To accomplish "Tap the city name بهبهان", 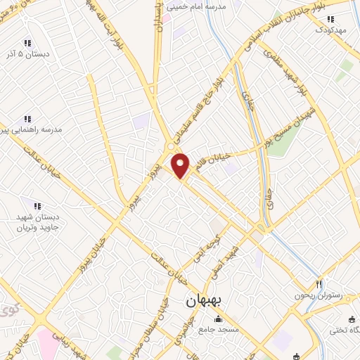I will pos(204,300).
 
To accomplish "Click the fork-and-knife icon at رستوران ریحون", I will pos(319,284).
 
